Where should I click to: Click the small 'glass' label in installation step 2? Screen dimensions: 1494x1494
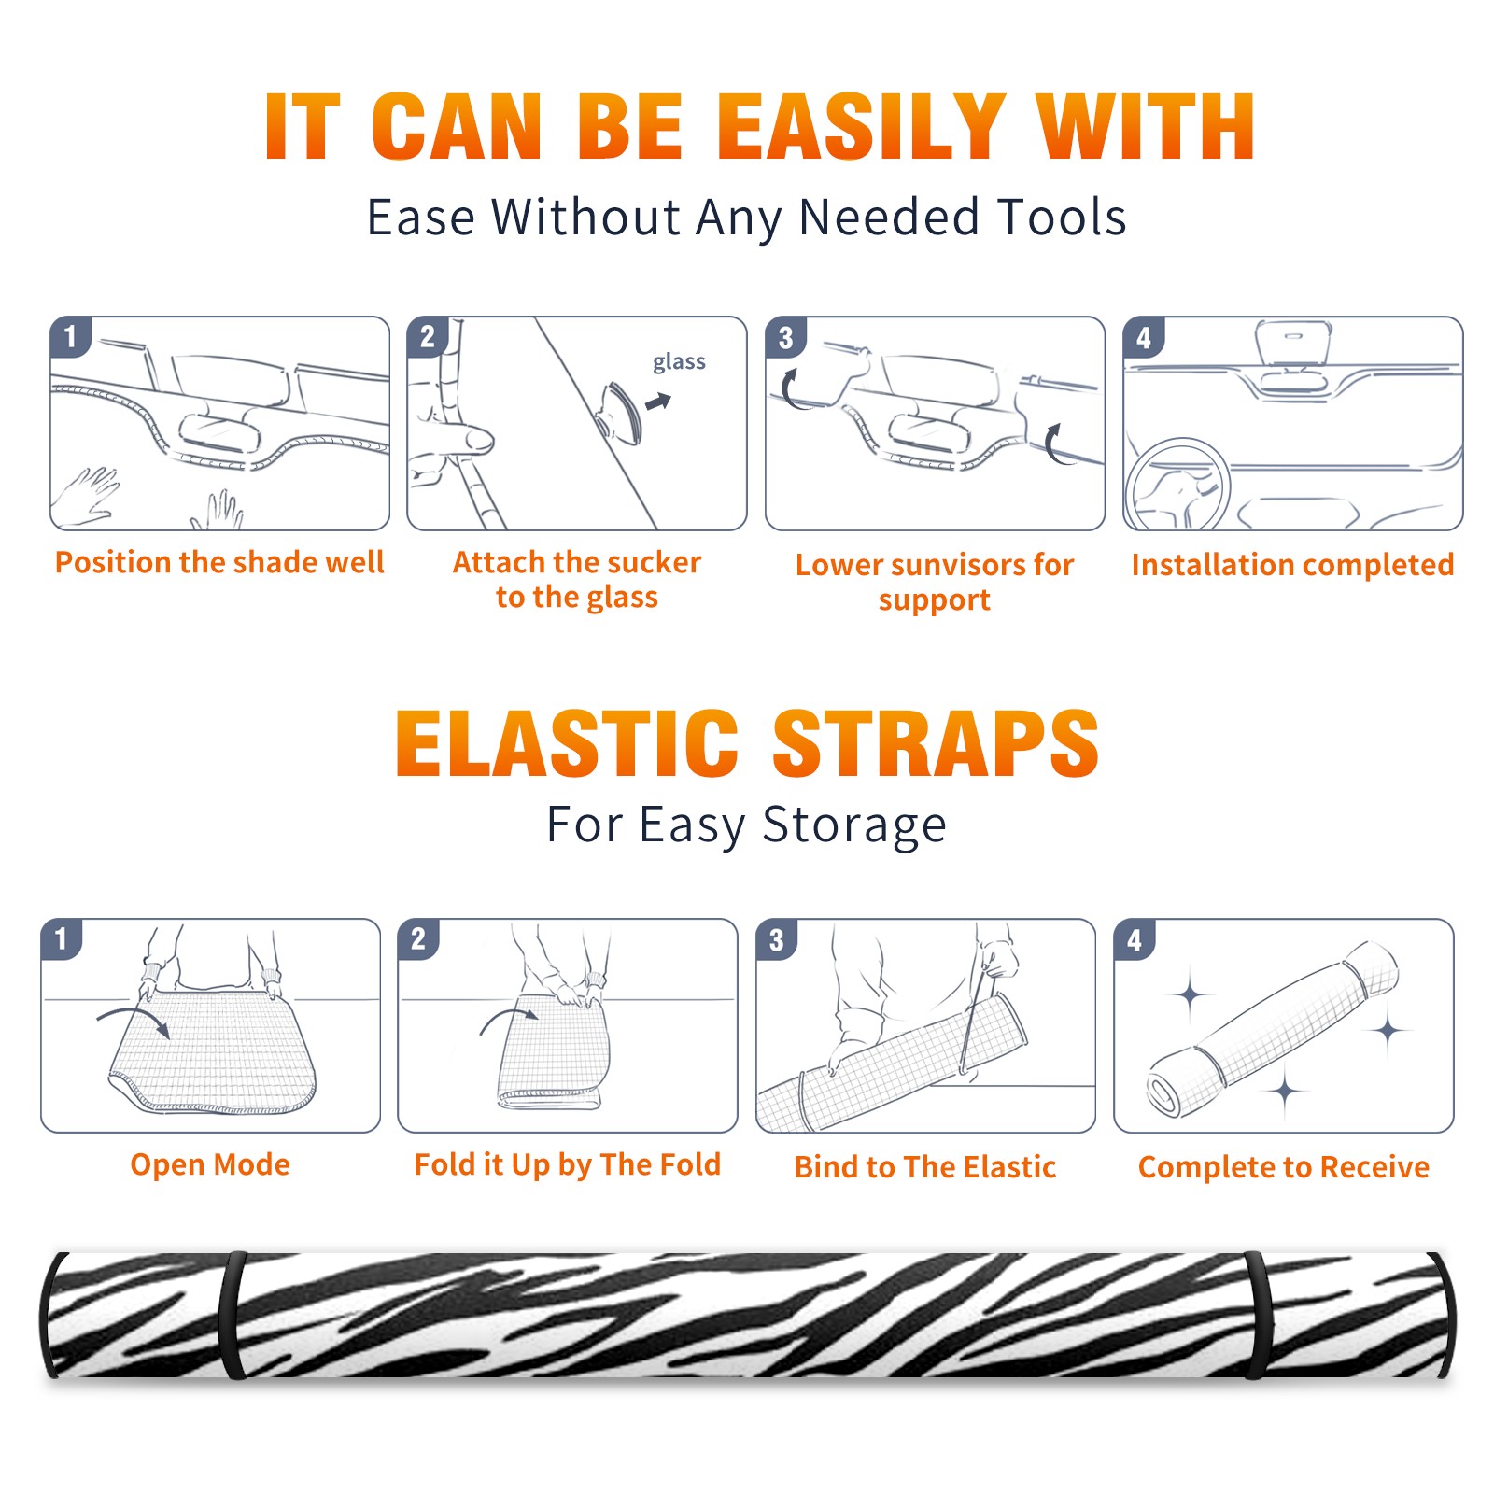point(679,362)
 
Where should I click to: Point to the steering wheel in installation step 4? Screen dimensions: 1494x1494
point(1178,486)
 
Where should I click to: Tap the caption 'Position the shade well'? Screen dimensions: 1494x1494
point(219,562)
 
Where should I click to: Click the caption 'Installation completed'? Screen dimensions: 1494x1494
point(1292,564)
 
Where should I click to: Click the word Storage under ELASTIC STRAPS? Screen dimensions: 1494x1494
point(854,825)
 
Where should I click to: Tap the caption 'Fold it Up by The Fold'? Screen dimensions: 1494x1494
point(568,1164)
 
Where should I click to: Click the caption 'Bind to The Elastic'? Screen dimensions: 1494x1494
point(925,1166)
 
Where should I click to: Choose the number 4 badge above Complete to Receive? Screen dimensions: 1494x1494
point(1135,939)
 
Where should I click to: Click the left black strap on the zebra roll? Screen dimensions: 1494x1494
point(233,1315)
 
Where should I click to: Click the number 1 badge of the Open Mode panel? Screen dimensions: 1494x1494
point(62,939)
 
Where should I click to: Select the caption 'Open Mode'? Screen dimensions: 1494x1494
point(210,1164)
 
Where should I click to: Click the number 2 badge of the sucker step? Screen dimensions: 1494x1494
point(428,337)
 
